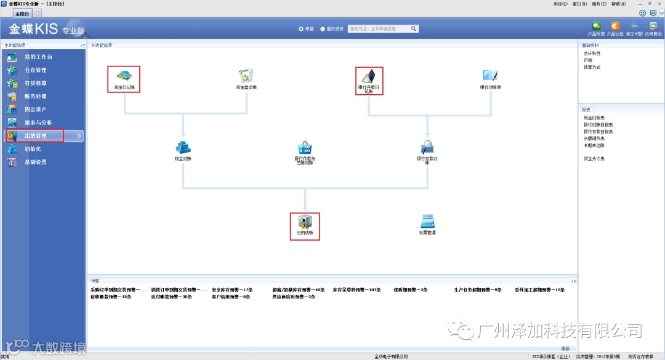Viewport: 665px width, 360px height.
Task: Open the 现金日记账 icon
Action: coord(124,76)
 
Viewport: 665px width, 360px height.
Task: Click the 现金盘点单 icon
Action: coord(246,76)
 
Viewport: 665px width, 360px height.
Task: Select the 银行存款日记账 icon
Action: coord(369,76)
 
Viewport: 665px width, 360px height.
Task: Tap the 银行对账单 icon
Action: coord(490,76)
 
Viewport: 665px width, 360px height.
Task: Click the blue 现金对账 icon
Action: coord(183,147)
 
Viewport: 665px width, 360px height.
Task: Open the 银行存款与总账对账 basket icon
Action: coord(305,148)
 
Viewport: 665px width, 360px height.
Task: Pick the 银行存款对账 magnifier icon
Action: coord(427,147)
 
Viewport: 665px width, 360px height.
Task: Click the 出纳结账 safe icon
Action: coord(305,222)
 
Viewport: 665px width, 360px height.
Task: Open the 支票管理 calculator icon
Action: coord(427,222)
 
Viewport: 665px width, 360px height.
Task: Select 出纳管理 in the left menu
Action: coord(35,135)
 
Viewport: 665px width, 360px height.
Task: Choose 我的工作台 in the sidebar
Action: coord(38,57)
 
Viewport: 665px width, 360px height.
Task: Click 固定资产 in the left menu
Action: coord(35,110)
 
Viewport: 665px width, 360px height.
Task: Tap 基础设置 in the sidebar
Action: coord(35,162)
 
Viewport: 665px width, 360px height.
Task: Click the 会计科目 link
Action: coord(592,54)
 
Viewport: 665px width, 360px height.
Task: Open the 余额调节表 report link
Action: coord(594,138)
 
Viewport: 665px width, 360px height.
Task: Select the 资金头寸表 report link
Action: coord(594,159)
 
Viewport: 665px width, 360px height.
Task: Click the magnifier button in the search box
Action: coord(414,28)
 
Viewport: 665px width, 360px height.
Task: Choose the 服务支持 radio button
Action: coord(323,28)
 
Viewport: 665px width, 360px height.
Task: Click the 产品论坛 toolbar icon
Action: coord(615,26)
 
